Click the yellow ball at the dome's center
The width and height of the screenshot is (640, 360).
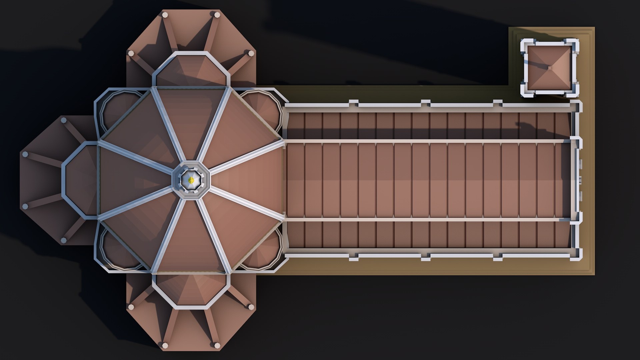(191, 180)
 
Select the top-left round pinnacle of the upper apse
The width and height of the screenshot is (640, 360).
(165, 14)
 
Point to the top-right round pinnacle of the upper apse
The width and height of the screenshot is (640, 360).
(217, 15)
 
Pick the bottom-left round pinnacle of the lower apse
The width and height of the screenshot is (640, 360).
(165, 345)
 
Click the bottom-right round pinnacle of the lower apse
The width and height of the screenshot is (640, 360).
(217, 345)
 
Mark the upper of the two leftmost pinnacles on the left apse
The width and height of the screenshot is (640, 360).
(25, 154)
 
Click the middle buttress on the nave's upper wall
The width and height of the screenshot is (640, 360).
(425, 103)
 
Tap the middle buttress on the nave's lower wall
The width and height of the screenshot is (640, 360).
(425, 257)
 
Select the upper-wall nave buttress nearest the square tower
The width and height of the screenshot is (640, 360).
(497, 103)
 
